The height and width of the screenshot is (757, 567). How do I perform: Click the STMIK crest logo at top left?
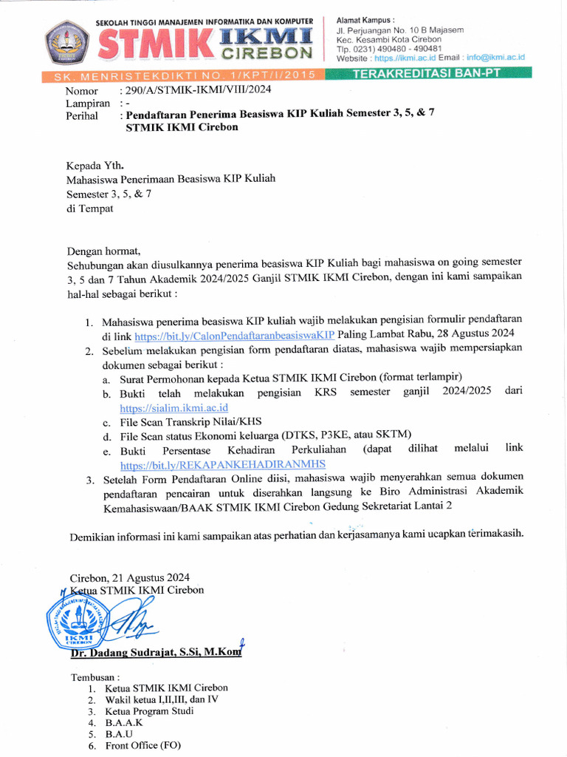pos(67,41)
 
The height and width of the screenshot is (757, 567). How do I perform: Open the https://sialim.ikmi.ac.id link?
pos(173,407)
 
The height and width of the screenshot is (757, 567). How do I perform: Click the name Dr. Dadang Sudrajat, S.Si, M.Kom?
pos(155,653)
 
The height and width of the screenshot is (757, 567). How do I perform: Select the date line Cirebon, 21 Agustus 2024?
pos(129,577)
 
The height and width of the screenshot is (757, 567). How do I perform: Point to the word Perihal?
pos(82,116)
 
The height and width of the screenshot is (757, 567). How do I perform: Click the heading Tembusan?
pos(94,676)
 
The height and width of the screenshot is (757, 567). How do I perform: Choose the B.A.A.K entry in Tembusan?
pos(124,722)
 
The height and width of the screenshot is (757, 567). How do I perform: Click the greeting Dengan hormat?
pos(103,250)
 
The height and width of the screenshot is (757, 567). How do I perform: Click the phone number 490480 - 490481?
pos(399,48)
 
